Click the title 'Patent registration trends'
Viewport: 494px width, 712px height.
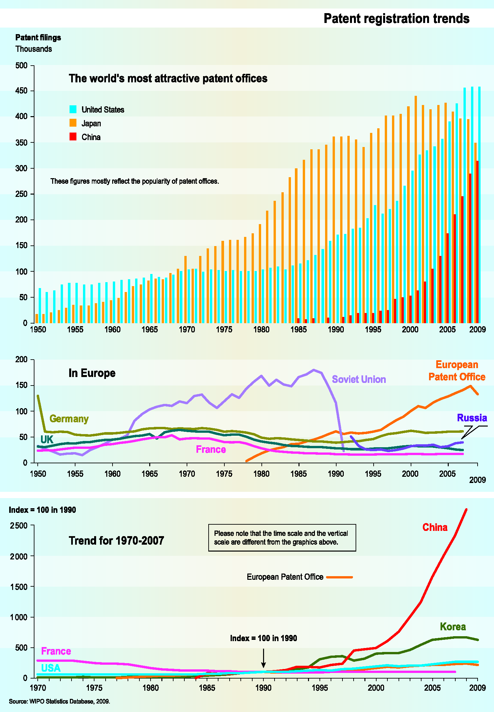coord(396,19)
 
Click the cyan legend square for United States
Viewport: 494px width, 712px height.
coord(73,109)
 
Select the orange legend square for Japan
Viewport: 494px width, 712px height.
coord(73,123)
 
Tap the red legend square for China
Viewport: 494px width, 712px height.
coord(73,137)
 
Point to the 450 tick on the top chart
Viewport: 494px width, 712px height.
coord(22,91)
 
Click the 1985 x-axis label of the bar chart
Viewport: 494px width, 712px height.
coord(298,329)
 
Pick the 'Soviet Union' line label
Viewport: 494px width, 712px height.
coord(359,379)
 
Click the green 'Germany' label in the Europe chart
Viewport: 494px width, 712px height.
coord(69,419)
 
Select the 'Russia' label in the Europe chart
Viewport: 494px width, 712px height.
coord(472,418)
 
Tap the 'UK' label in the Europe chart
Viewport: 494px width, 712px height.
coord(47,440)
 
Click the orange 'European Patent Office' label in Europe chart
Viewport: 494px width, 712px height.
coord(457,371)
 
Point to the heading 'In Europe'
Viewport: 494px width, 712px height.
coord(92,373)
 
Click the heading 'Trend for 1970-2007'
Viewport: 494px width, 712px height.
coord(116,540)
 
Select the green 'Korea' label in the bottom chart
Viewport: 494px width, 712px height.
coord(453,627)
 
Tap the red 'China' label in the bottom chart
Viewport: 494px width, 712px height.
coord(435,527)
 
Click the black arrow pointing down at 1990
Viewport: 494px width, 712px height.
coord(263,658)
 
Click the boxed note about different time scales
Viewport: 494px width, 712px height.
coord(282,537)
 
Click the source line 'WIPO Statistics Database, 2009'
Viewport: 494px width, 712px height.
coord(59,702)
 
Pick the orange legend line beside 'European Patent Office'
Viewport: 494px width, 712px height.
coord(340,577)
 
